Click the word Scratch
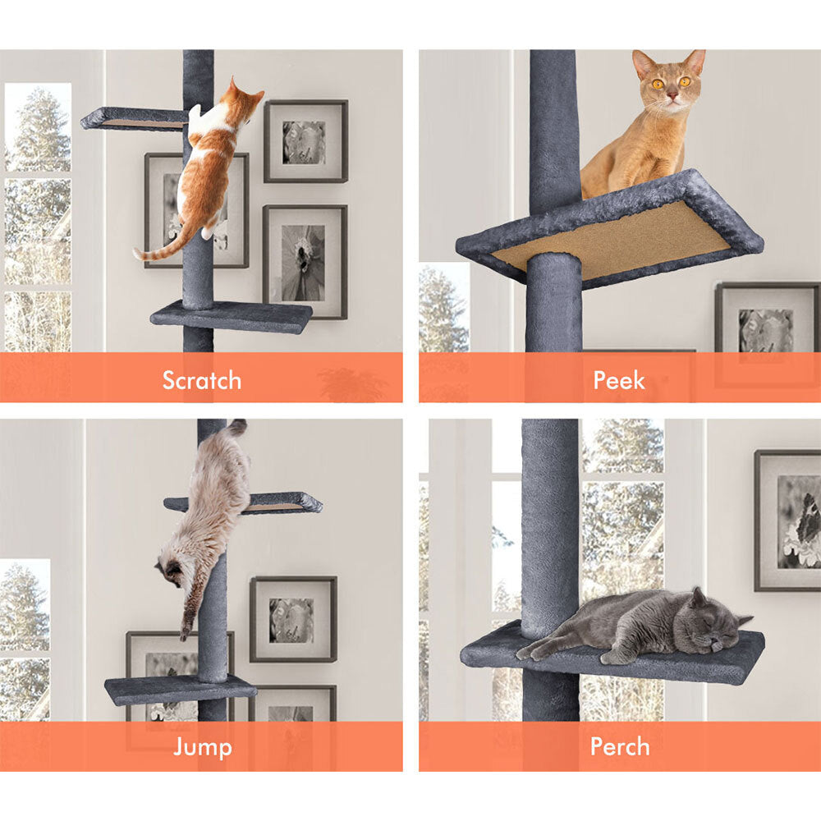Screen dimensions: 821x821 [202, 380]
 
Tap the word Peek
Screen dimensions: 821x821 [619, 380]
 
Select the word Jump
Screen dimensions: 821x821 [203, 746]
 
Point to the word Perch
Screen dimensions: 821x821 [620, 746]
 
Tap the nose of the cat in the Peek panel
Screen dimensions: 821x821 [672, 95]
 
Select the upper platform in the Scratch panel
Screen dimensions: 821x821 [134, 118]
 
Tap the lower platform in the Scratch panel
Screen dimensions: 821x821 [231, 316]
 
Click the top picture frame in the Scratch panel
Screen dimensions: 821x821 [305, 141]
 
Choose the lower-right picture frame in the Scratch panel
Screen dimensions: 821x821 [305, 262]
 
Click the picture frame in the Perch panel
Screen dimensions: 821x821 [787, 521]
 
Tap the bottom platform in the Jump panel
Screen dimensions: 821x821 [181, 689]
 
